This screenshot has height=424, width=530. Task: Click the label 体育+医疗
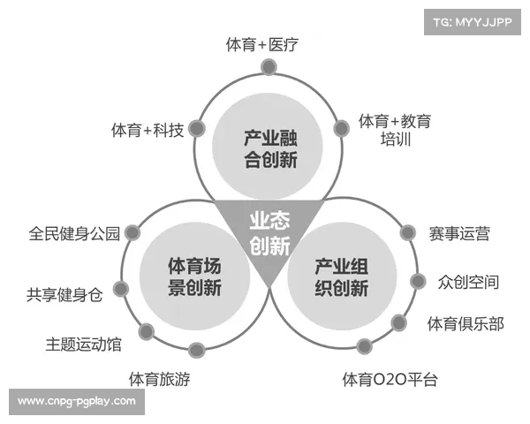[263, 44]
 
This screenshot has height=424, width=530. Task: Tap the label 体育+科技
[148, 130]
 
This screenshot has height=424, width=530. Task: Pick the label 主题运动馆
[84, 343]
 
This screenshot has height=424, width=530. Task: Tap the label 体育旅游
[159, 380]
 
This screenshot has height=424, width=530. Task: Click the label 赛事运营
[459, 234]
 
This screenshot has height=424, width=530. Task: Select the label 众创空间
[468, 283]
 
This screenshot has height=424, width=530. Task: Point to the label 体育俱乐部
[466, 324]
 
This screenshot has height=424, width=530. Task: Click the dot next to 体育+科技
[196, 129]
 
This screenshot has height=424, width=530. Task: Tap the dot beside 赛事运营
[408, 233]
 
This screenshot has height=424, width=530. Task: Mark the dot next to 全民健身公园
[132, 233]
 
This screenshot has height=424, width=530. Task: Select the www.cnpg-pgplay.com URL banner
[77, 402]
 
